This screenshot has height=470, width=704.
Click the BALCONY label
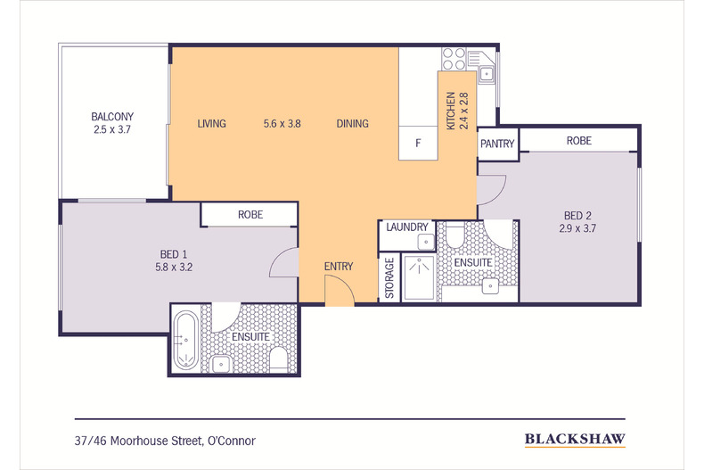coord(112,117)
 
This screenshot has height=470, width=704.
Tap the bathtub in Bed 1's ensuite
coord(185,340)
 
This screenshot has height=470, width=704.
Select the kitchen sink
coord(487,74)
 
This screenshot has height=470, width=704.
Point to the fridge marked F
coord(418,143)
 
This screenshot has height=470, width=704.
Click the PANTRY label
coord(497,144)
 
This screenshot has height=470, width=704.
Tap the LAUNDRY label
coord(407,227)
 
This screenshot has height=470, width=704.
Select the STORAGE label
coord(389,277)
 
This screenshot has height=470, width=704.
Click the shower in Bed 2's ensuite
coord(419,277)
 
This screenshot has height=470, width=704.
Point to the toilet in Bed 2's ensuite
coord(454,235)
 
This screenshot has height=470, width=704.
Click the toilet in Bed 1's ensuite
coord(279,359)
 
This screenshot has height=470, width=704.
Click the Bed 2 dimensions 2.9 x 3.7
coord(577,228)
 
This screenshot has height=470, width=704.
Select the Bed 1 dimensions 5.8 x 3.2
coord(174,268)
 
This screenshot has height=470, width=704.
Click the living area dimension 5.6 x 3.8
coord(282,124)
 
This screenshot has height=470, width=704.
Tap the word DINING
coord(353,124)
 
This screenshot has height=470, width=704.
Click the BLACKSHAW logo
coord(575,439)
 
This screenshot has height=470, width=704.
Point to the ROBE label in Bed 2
coord(578,141)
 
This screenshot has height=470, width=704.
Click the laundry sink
coord(426,243)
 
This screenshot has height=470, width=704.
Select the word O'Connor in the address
coord(231,441)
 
